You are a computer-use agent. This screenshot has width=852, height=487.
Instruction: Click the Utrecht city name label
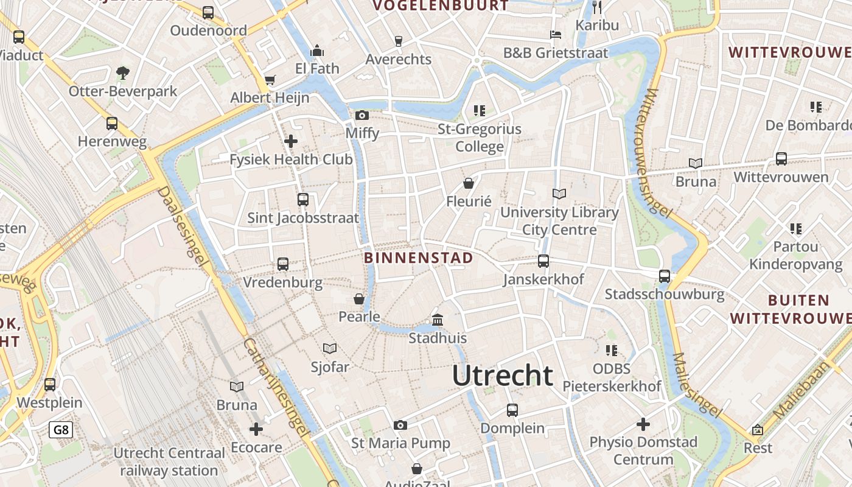click(503, 376)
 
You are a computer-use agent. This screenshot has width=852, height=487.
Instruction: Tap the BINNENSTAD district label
click(418, 258)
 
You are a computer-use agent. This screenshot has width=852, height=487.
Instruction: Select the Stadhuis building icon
click(438, 320)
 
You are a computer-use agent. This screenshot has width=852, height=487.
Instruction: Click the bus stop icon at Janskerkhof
click(543, 261)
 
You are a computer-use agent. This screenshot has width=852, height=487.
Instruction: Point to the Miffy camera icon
click(362, 115)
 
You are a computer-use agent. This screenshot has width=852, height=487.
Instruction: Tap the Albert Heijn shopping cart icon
click(270, 80)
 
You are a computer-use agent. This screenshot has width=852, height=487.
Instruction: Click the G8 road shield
click(61, 430)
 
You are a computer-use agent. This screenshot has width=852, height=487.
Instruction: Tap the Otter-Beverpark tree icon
click(123, 73)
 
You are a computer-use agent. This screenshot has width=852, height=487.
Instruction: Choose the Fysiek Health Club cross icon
click(291, 141)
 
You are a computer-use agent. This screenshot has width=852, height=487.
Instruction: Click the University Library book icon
click(559, 194)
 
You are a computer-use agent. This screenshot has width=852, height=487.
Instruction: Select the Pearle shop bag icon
click(359, 299)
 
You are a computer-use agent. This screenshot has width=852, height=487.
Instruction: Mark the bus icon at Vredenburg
click(283, 264)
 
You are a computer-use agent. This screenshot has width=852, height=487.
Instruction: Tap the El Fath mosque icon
click(317, 51)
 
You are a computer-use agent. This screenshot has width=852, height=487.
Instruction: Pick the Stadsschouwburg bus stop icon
click(665, 276)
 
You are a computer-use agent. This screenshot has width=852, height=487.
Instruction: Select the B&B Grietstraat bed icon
click(556, 34)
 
